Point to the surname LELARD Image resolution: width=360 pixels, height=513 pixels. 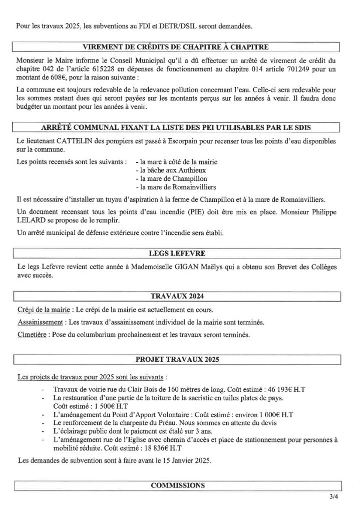click(31, 221)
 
